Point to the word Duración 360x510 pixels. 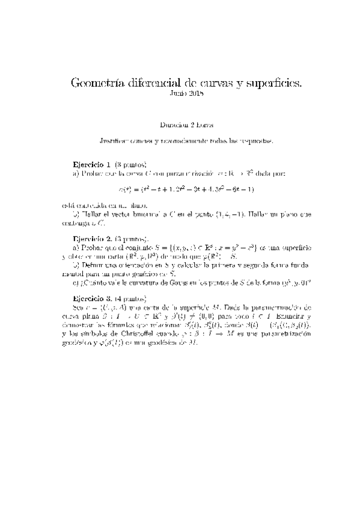[x=174, y=125]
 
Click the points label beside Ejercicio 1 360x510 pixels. [x=130, y=164]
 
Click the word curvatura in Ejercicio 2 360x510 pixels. [x=136, y=281]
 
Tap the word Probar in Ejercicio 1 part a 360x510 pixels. [x=90, y=173]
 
